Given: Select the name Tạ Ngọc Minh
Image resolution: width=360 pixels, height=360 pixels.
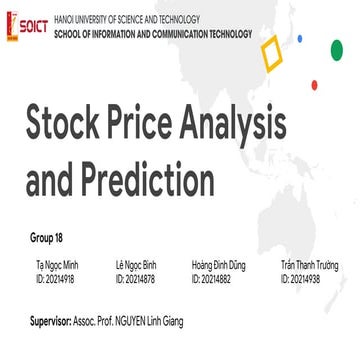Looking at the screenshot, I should (57, 265).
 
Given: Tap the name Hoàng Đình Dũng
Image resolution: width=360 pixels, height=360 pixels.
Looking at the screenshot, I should (220, 265).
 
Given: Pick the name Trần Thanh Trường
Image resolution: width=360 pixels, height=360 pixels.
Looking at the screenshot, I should (309, 265).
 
